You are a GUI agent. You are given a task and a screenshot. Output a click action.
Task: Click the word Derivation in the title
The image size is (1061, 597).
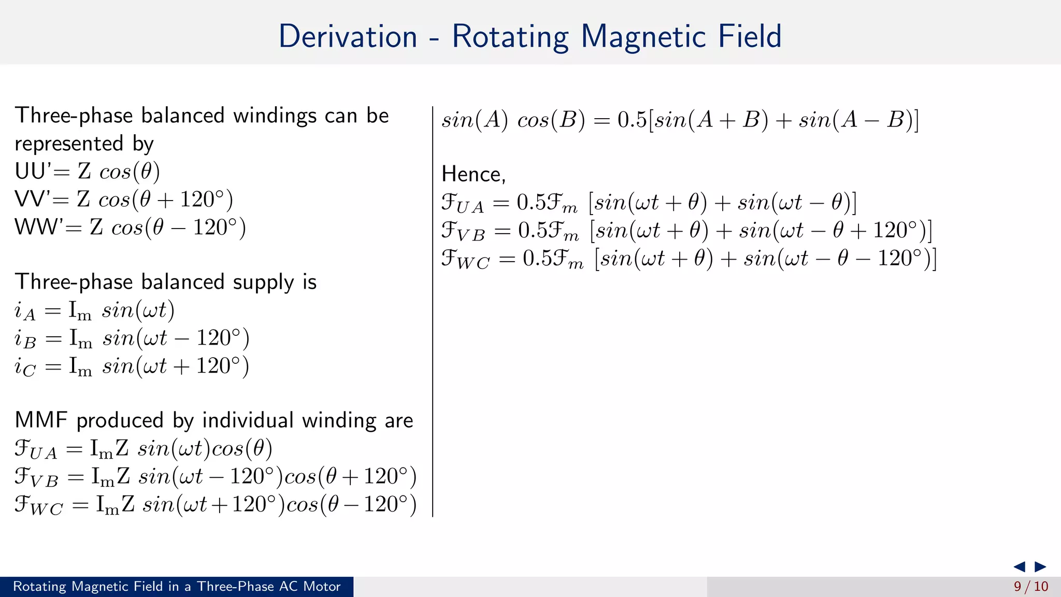(348, 36)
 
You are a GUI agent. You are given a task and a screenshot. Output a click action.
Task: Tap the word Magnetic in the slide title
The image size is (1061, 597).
(642, 37)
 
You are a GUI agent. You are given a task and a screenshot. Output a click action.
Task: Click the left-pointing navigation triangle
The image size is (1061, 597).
(1019, 566)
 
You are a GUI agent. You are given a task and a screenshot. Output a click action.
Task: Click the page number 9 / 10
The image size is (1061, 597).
(1030, 587)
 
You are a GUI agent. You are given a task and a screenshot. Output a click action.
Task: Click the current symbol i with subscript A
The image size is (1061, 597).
(24, 311)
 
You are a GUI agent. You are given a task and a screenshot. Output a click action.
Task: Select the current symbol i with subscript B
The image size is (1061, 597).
(25, 339)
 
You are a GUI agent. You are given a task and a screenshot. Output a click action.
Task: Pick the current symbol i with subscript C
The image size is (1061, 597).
(25, 367)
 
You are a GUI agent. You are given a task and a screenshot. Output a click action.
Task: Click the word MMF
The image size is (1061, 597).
(41, 420)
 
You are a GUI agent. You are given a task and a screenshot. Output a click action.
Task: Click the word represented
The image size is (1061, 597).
(69, 144)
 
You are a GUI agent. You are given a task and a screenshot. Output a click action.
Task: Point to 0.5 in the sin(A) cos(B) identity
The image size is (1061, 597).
(632, 120)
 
